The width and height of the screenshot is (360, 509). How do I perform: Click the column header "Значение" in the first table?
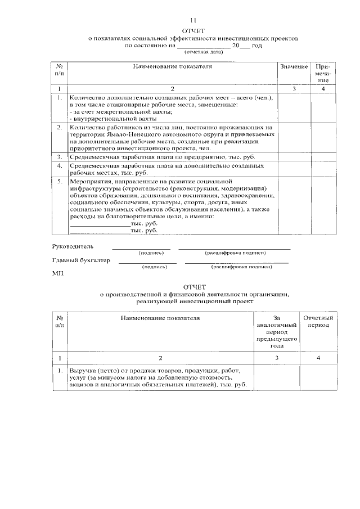(294, 66)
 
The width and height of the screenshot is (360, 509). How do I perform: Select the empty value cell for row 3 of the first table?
(294, 157)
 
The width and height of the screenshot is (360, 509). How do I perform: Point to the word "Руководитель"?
(73, 246)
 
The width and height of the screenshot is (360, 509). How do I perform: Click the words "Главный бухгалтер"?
(81, 260)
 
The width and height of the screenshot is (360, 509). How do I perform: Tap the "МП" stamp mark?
(57, 274)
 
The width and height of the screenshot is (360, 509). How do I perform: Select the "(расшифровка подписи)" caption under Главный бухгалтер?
(242, 267)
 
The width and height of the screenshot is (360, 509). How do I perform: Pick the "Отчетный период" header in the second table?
(318, 322)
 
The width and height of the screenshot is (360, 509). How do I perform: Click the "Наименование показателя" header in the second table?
(160, 318)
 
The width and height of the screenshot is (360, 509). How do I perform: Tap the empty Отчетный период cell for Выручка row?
(318, 378)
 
